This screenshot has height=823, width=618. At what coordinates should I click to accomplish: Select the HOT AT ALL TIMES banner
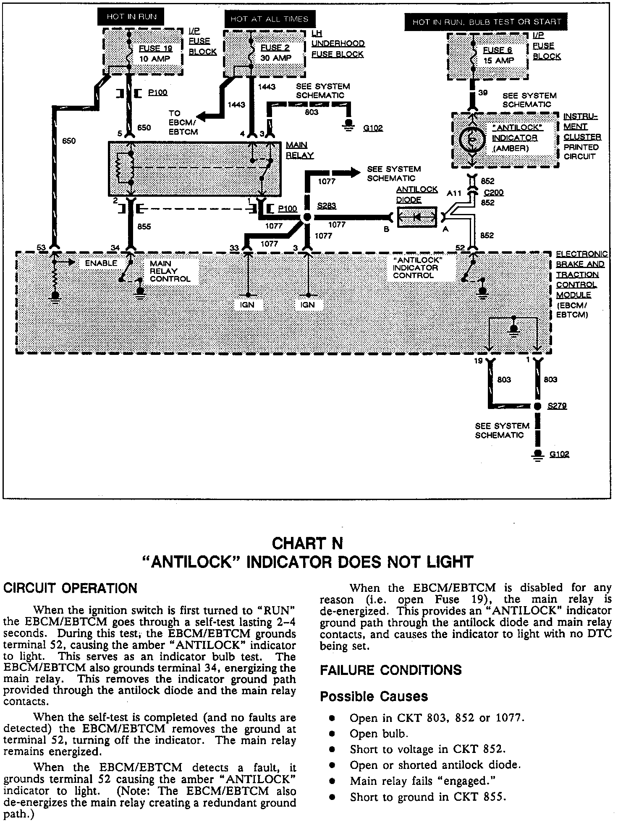[269, 19]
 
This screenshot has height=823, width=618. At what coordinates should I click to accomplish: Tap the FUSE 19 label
[155, 48]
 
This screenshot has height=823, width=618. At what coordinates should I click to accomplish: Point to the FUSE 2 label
[275, 47]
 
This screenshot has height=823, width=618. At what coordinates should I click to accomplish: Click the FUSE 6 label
[498, 50]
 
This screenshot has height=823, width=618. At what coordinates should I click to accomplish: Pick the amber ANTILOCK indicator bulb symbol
[472, 140]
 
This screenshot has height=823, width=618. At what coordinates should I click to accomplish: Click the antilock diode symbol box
[417, 217]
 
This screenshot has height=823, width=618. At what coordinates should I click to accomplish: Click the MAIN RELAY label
[299, 150]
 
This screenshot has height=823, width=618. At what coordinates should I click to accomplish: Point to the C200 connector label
[493, 193]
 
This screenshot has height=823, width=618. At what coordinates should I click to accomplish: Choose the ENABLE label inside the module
[101, 263]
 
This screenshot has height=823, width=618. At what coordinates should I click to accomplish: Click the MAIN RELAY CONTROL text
[170, 271]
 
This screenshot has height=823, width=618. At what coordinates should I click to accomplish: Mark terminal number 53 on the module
[41, 247]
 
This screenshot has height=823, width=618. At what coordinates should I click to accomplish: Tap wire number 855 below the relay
[144, 227]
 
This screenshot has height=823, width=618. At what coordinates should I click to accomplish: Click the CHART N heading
[307, 544]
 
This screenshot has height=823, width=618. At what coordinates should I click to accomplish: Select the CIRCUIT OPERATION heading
[70, 588]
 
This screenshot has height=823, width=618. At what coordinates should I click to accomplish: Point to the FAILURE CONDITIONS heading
[390, 670]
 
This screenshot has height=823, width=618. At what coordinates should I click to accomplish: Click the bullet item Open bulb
[379, 734]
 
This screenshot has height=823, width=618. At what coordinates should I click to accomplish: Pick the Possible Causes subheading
[374, 696]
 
